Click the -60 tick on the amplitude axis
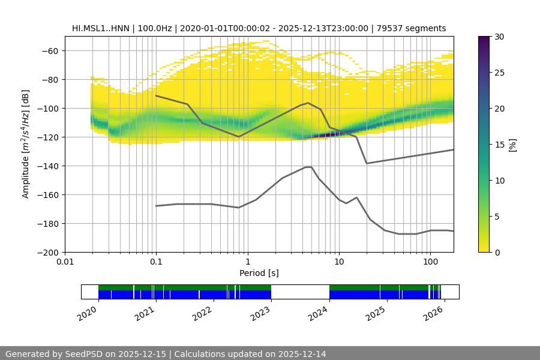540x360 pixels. point(50,51)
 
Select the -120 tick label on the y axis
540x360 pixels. point(47,137)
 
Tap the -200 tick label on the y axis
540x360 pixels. point(47,253)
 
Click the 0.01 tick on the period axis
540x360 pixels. point(65,262)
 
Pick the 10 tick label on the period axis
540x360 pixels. point(339,262)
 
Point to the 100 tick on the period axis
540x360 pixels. point(430,262)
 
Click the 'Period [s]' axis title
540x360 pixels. point(259,273)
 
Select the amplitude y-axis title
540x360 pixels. point(26,144)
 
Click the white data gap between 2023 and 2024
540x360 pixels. point(300,292)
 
